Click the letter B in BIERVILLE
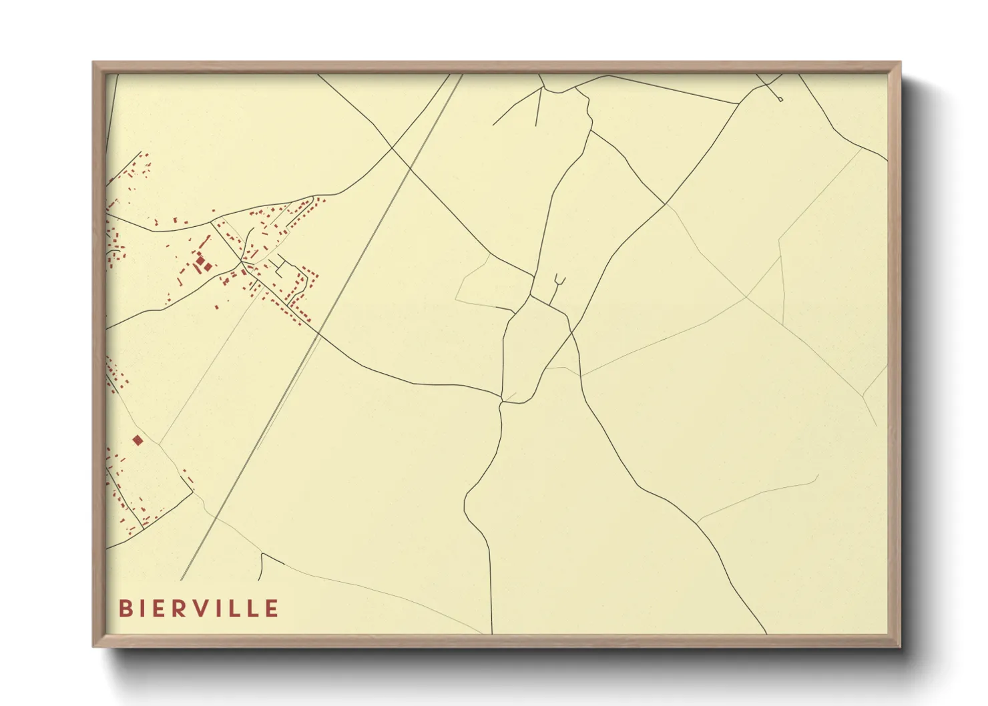pyautogui.click(x=124, y=609)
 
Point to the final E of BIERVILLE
pyautogui.click(x=272, y=609)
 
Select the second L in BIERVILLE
pyautogui.click(x=252, y=609)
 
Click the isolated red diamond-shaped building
pyautogui.click(x=138, y=440)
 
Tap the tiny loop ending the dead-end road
pyautogui.click(x=780, y=99)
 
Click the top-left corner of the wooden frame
pyautogui.click(x=93, y=63)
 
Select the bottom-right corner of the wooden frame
pyautogui.click(x=900, y=646)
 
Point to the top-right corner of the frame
pyautogui.click(x=900, y=63)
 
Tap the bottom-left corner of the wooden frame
pyautogui.click(x=93, y=646)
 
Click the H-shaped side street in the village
pyautogui.click(x=281, y=266)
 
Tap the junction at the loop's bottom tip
pyautogui.click(x=502, y=402)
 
